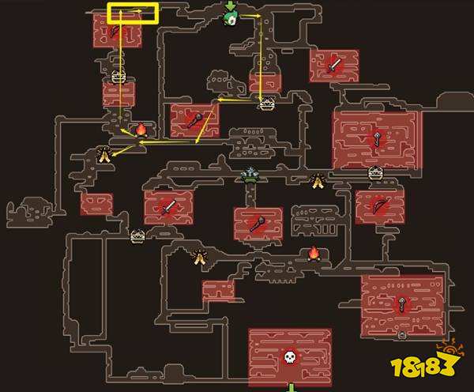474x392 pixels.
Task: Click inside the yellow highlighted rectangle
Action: coord(133,13)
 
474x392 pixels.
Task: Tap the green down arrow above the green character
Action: coord(231,6)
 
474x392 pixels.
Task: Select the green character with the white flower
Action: coord(231,18)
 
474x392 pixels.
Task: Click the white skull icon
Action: coord(290,356)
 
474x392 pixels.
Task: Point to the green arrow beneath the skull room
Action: coord(291,387)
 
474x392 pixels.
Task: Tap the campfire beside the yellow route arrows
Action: coord(141,130)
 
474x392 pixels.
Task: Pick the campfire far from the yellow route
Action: coord(314,253)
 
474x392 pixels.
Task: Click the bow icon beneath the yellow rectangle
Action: coord(114,31)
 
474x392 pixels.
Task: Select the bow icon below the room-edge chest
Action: coord(378,205)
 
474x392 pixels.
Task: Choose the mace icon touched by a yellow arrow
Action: coord(195,119)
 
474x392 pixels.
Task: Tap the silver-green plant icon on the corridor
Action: coord(250,175)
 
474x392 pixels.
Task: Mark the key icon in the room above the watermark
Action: coord(402,303)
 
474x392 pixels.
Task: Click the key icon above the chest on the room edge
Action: coord(377,138)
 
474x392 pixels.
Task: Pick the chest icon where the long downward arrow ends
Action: coord(267,104)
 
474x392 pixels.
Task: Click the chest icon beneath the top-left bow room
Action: coord(118,76)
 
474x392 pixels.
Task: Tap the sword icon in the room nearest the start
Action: coord(334,65)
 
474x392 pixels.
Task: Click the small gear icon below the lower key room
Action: coord(402,335)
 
